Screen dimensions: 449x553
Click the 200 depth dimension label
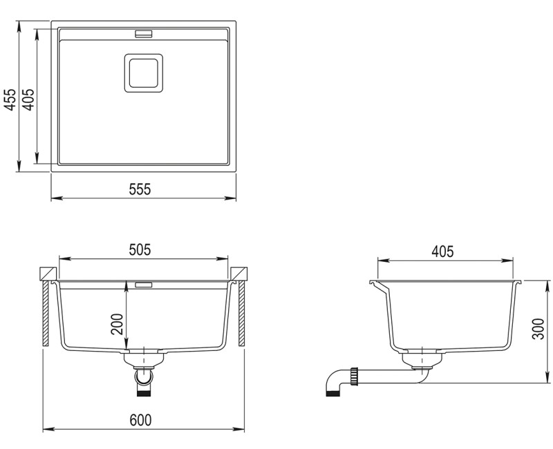117,324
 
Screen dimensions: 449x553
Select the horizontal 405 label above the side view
442,251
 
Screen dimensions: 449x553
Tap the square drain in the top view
143,72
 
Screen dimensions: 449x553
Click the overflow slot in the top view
144,32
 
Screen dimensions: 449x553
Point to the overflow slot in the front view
144,284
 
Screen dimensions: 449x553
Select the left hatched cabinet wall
46,314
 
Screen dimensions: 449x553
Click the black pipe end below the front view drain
144,391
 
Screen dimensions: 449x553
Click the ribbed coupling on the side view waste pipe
355,376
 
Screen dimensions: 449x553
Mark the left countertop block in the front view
48,273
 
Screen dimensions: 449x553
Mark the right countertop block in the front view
239,273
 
